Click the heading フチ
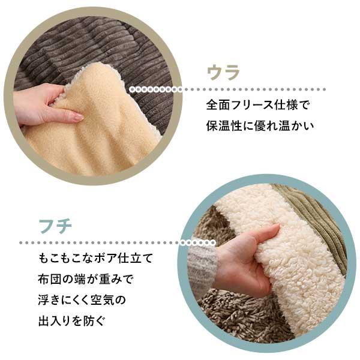click(55, 227)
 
